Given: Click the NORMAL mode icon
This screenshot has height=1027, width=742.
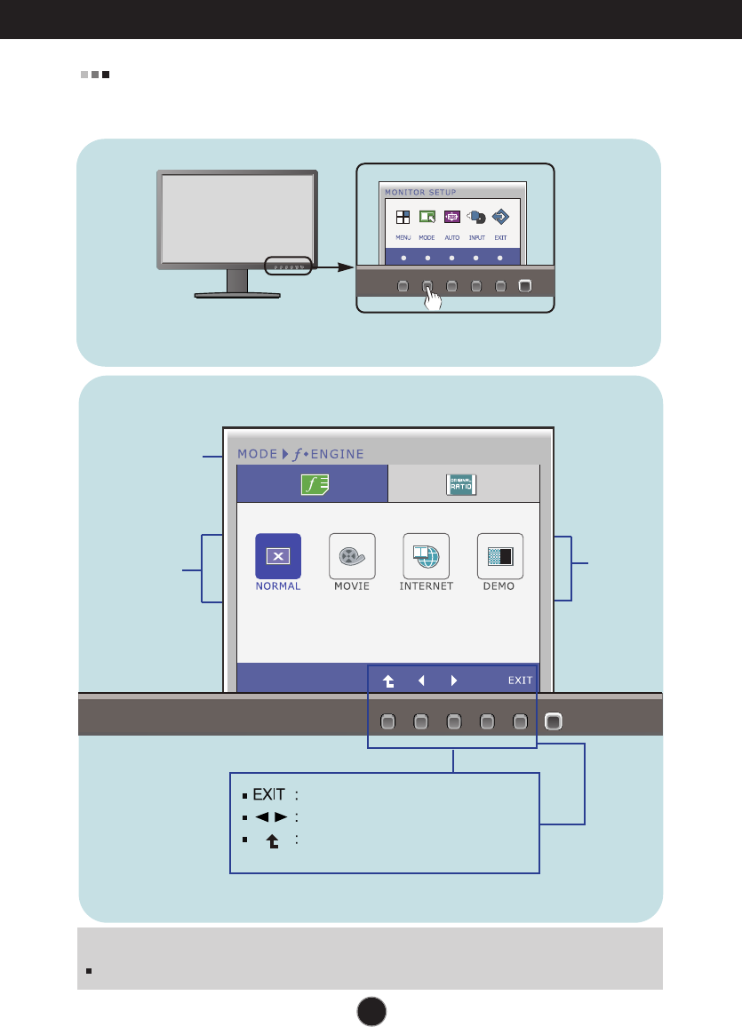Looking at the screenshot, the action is (278, 556).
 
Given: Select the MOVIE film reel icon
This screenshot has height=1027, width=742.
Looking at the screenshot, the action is (352, 556).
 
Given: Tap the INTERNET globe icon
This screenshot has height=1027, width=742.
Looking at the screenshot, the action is (426, 556).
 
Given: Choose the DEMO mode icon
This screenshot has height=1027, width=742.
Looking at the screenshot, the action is (499, 556).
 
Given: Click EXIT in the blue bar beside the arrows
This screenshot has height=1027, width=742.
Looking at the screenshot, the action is (521, 681).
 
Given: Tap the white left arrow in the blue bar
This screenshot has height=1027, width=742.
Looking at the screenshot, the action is (421, 681).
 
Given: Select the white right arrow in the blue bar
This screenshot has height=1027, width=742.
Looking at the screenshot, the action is (453, 681).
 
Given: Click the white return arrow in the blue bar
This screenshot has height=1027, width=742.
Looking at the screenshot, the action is (388, 681).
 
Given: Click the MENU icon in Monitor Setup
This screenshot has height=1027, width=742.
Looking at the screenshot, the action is (403, 217).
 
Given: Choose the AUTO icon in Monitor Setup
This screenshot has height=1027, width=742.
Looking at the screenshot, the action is (451, 217).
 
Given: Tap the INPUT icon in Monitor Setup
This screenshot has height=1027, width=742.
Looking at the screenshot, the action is (476, 217).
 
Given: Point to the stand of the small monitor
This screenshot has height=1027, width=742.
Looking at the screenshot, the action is (237, 284).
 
